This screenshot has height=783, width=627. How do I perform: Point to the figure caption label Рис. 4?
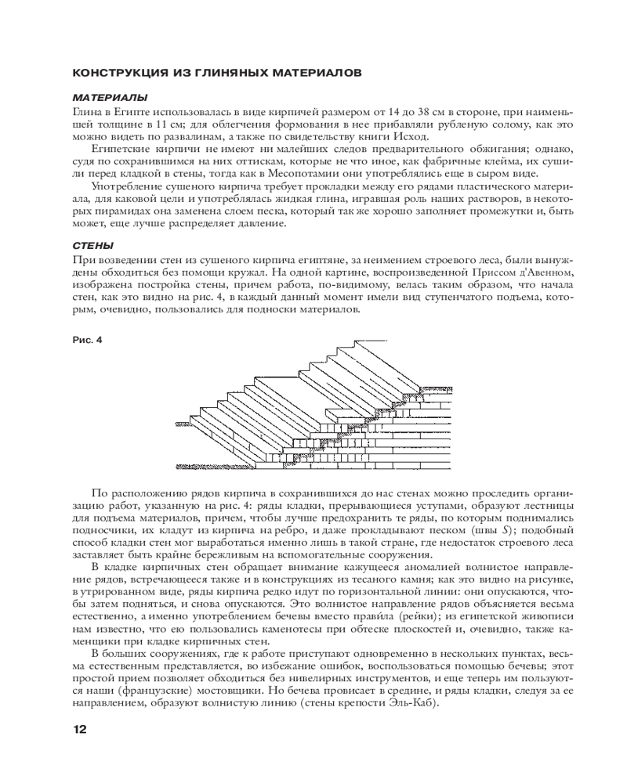(x=87, y=318)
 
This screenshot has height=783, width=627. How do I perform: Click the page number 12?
(x=79, y=730)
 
